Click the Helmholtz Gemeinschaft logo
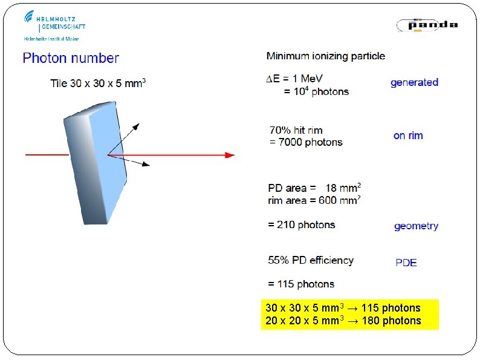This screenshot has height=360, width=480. click(x=54, y=24)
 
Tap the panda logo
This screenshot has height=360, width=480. click(x=427, y=25)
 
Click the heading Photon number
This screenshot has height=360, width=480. click(x=71, y=59)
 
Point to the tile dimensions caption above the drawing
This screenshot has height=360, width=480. click(x=98, y=83)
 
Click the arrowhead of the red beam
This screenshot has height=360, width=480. click(x=230, y=155)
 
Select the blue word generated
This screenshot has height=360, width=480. click(x=414, y=82)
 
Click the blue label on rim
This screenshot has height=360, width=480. click(x=408, y=136)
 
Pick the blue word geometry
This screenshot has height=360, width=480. click(x=416, y=226)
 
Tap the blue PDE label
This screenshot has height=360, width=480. click(x=406, y=263)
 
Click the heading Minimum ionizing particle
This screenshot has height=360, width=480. click(x=325, y=56)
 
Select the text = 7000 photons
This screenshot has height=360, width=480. click(x=306, y=143)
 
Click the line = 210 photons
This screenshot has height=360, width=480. click(x=301, y=225)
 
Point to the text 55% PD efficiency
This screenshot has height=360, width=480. click(x=311, y=261)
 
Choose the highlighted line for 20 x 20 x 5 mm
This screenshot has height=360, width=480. click(x=343, y=321)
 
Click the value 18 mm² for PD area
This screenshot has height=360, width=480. click(x=343, y=188)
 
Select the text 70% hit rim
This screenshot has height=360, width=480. click(x=296, y=130)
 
